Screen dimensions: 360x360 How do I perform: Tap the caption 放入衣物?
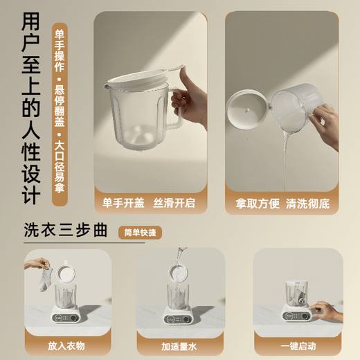pos(68,345)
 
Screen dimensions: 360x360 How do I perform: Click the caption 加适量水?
pos(179,345)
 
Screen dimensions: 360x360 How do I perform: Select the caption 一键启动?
pos(298,345)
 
